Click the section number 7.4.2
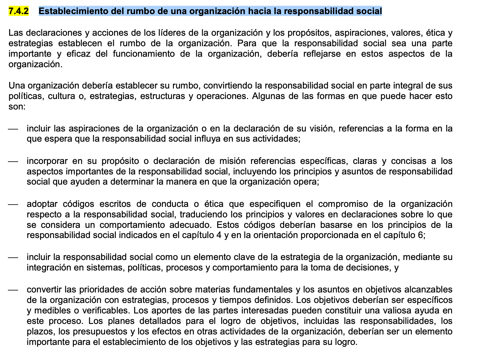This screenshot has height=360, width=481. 18,11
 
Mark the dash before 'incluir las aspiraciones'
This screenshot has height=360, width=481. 13,129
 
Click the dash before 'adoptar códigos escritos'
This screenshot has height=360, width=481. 13,204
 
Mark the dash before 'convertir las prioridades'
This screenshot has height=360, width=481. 13,290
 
